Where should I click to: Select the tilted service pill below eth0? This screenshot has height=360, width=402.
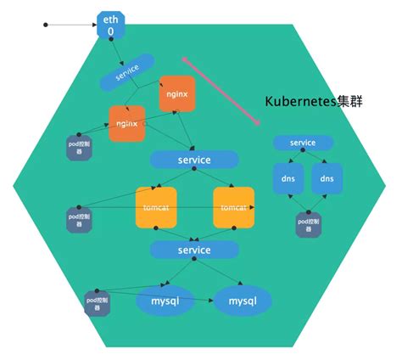pos(126,73)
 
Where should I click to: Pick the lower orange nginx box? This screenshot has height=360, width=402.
pos(127,125)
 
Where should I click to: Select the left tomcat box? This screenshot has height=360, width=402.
pos(156,208)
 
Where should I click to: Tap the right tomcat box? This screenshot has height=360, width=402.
pos(234,208)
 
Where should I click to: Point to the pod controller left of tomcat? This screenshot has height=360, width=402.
pos(78,218)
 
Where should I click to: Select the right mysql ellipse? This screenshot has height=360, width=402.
pos(243,300)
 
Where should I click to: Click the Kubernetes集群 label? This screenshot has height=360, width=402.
pos(311,101)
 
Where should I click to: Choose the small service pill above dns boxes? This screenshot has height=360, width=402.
pos(303,143)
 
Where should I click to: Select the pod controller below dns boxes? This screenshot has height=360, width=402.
pos(307,224)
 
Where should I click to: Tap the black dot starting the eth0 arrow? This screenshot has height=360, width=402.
pos(44,25)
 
